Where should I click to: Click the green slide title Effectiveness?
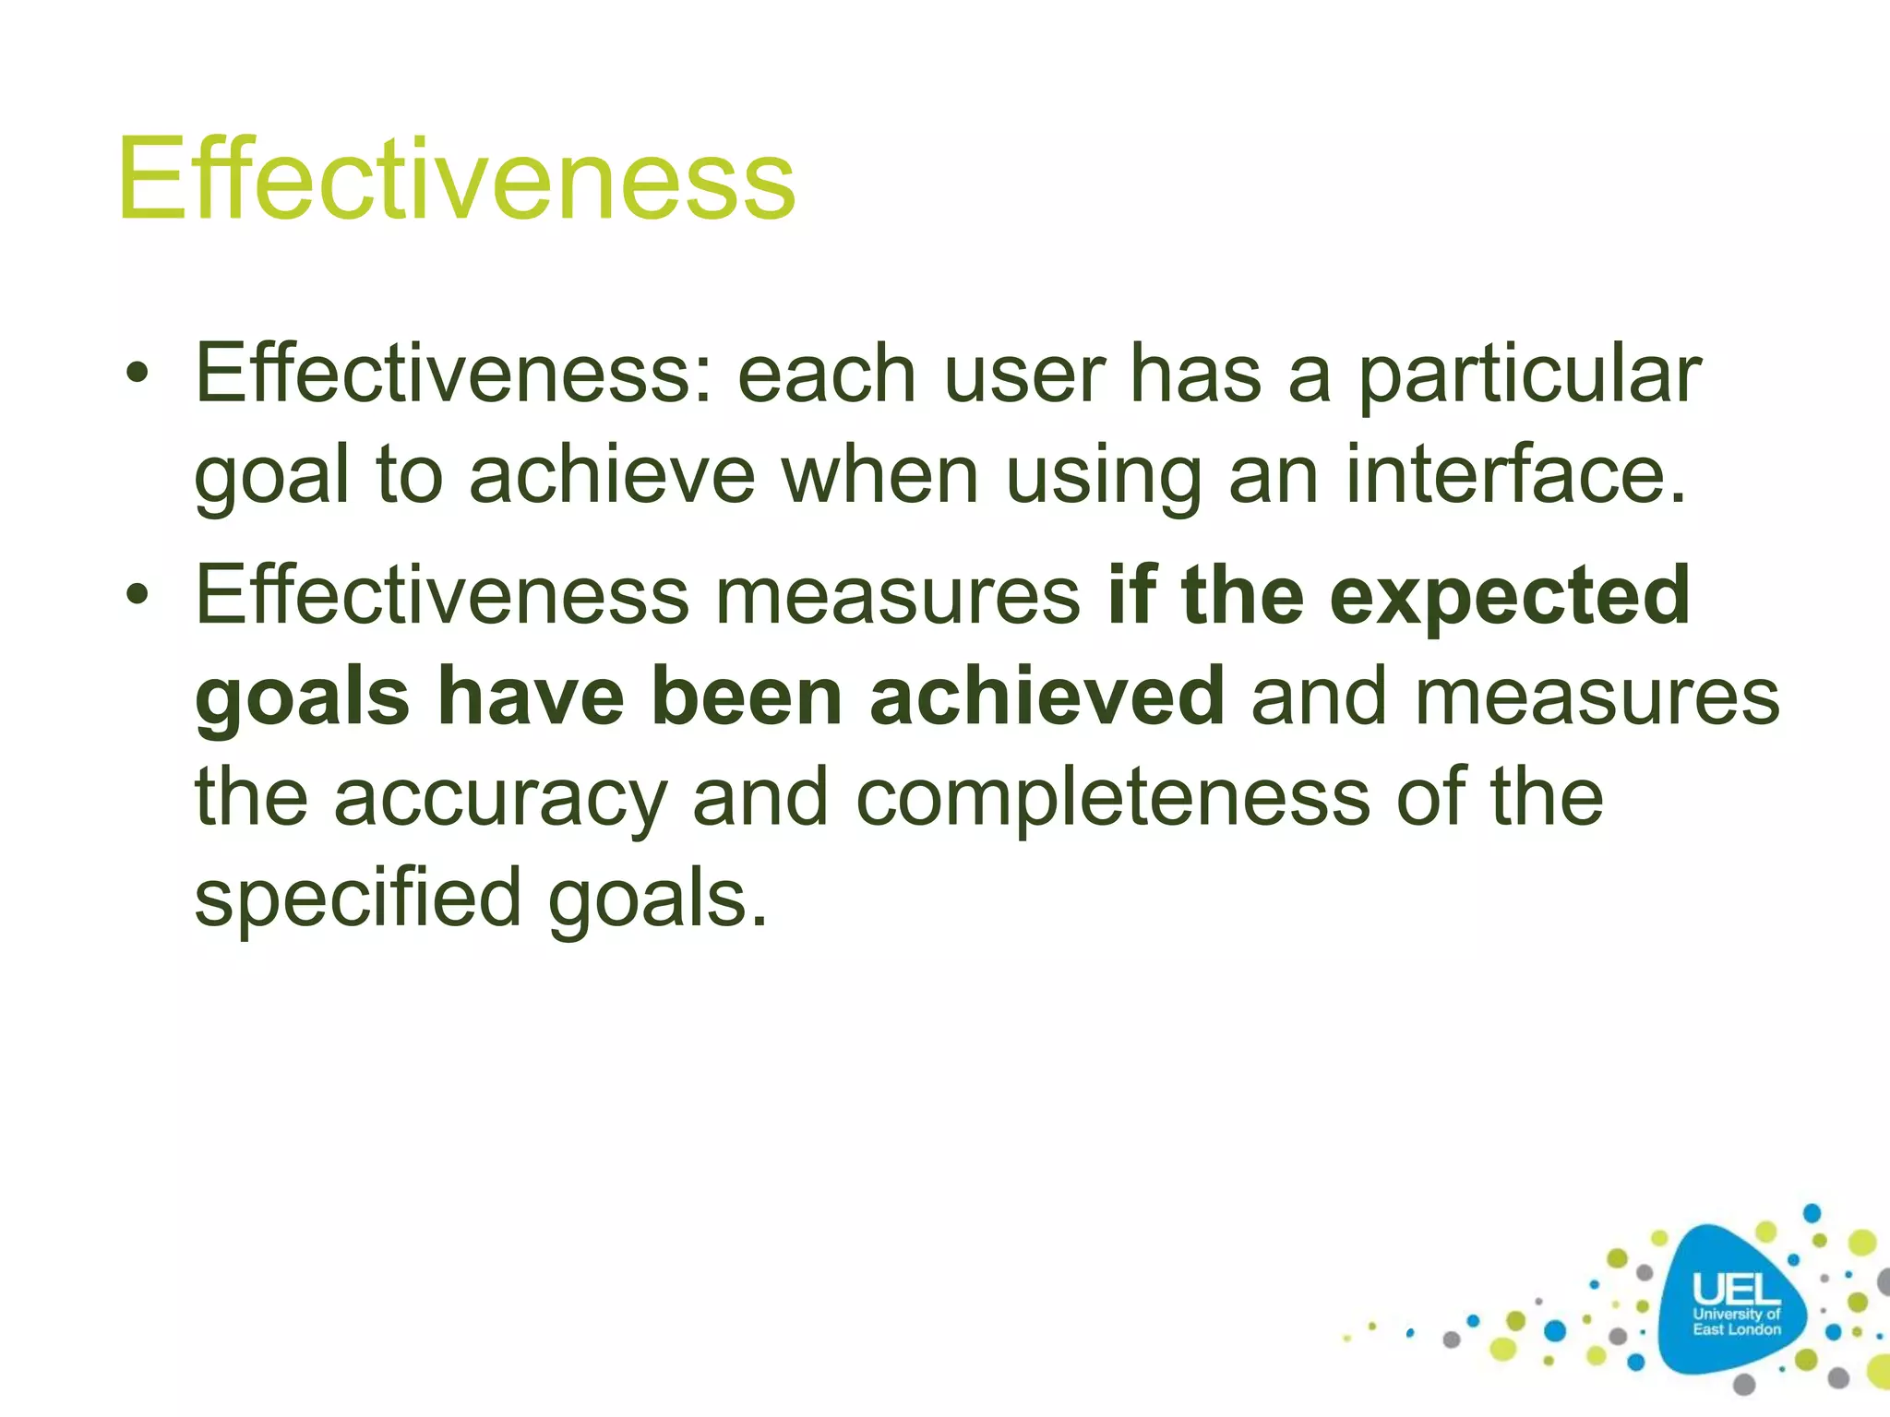click(456, 180)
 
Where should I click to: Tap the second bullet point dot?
click(138, 596)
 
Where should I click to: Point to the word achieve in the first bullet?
click(612, 476)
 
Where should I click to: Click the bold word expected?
click(1510, 596)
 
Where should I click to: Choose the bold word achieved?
click(1047, 697)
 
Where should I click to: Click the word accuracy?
click(499, 799)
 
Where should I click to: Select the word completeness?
click(1112, 799)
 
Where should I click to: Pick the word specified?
click(358, 899)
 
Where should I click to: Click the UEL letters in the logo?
click(1735, 1289)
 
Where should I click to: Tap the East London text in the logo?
click(1736, 1329)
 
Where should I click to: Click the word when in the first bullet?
click(879, 476)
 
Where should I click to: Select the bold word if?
click(1131, 596)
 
